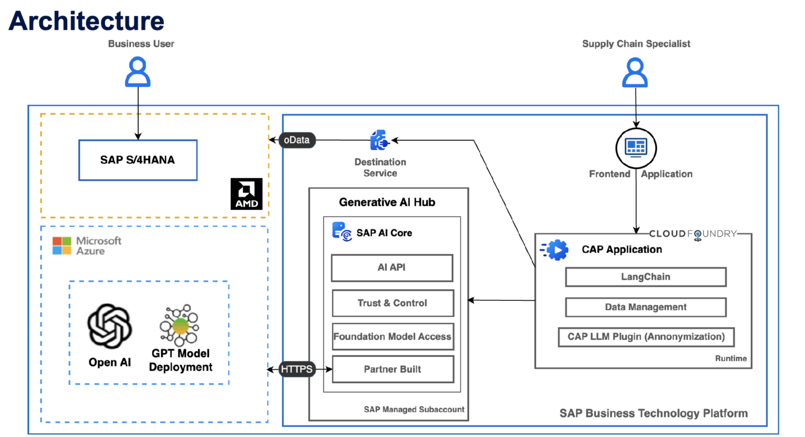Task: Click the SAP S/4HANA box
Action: (x=138, y=160)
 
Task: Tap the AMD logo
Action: (x=246, y=194)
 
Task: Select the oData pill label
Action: (x=297, y=140)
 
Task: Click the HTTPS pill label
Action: (x=297, y=369)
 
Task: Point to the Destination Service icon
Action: (x=379, y=140)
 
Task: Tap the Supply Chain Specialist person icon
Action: (x=635, y=72)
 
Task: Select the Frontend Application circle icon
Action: (x=636, y=148)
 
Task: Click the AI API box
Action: (x=392, y=267)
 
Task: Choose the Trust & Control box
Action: (x=393, y=303)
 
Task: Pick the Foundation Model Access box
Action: (x=393, y=336)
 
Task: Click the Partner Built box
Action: (x=393, y=369)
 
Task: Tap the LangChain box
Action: (x=645, y=277)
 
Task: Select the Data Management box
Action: (x=645, y=307)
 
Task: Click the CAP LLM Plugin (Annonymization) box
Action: (x=646, y=337)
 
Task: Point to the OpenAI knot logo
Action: (x=110, y=326)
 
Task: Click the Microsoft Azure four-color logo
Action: (x=62, y=245)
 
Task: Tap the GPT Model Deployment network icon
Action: (x=180, y=325)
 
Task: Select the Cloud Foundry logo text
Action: (x=693, y=234)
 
